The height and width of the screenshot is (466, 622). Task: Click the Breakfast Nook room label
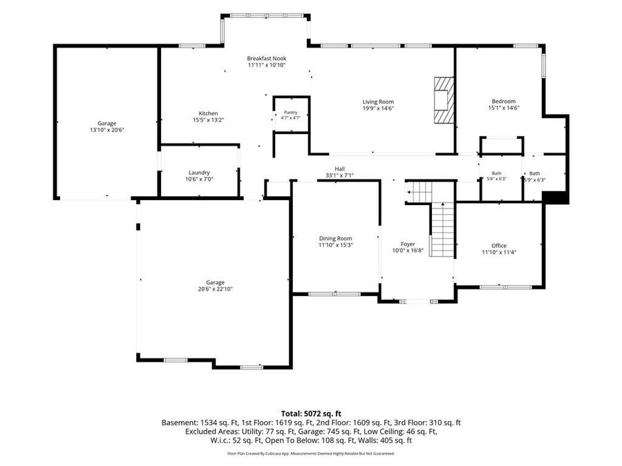point(267,58)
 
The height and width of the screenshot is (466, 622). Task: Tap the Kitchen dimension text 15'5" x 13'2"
point(208,119)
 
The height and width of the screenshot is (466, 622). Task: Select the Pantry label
point(291,113)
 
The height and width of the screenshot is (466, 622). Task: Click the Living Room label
point(378,102)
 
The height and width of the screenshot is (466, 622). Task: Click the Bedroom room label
point(504,101)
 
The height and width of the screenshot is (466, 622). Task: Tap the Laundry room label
point(199,173)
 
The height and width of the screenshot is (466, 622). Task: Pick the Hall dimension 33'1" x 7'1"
point(339,175)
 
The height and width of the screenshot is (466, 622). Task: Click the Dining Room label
point(336,238)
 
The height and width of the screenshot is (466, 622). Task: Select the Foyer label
point(408,244)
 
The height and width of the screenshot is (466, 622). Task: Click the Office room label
point(499,246)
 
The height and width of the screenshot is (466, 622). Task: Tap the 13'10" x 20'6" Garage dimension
point(107,130)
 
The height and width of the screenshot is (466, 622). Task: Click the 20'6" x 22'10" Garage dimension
point(216,289)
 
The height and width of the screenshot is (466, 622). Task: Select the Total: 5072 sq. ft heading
point(311,414)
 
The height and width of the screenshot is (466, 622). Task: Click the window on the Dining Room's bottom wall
point(334,294)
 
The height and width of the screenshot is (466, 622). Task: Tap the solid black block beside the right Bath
point(556,197)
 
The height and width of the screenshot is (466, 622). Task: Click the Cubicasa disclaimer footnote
point(311,454)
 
